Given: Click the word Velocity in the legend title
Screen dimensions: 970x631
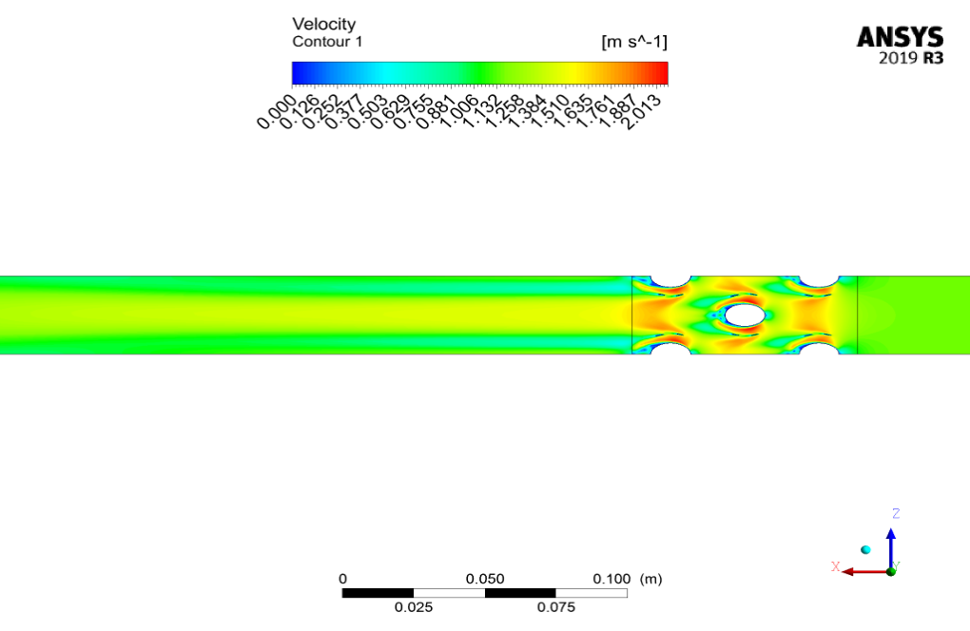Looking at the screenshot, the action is tap(323, 24).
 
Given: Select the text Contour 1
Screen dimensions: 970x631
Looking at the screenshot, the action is tap(327, 42).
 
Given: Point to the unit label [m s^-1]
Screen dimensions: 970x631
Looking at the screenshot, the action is tap(634, 42).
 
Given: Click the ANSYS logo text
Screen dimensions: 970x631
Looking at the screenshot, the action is tap(900, 37).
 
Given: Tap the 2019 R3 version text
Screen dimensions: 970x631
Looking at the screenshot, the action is tap(911, 58).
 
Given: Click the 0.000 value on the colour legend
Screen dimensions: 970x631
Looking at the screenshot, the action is tap(276, 112).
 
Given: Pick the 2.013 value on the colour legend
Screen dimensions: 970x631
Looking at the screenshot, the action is tap(643, 112).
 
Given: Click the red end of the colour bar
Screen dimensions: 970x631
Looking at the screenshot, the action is tap(664, 73).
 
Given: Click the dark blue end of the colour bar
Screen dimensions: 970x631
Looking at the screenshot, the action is tap(297, 73).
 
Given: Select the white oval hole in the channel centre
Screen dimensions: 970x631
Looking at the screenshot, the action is tap(745, 315).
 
